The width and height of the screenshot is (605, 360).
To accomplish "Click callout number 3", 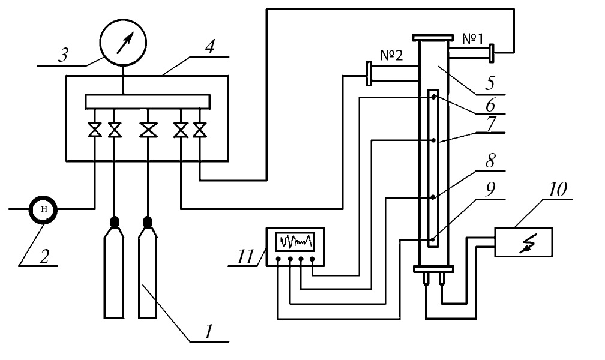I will pyautogui.click(x=62, y=56).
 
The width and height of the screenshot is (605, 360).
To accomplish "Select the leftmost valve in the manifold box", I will pyautogui.click(x=94, y=130).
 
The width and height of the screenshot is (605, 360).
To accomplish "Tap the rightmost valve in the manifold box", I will pyautogui.click(x=200, y=130).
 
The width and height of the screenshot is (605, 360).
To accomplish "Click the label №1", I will pyautogui.click(x=473, y=39).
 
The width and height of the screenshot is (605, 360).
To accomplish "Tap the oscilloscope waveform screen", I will pyautogui.click(x=295, y=241).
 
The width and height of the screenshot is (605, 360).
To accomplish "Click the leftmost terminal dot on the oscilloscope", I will pyautogui.click(x=278, y=260).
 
